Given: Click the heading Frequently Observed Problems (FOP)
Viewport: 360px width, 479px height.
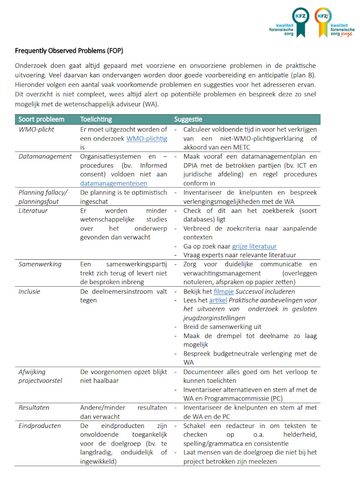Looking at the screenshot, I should pos(69,51).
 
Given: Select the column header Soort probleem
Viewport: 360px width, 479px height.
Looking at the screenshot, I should pos(41,119).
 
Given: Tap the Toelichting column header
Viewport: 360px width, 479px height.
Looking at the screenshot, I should pos(96,119).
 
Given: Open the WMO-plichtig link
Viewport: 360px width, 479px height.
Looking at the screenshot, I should pos(147,138).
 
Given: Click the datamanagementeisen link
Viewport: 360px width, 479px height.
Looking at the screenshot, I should pos(113,183).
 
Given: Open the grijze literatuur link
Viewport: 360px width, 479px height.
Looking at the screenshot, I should pos(254,246).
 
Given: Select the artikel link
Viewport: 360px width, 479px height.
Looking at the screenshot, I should pos(218,300).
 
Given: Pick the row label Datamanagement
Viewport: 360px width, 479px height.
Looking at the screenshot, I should pos(45,156).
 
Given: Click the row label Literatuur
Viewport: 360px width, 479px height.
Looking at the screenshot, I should pos(33,210).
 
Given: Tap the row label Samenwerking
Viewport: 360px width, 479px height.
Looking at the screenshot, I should pos(40,264).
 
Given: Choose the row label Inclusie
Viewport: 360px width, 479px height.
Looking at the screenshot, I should pos(29,291).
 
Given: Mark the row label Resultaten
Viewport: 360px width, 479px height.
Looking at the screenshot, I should pos(34,407).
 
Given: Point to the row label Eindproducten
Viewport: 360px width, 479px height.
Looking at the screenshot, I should pos(39,426).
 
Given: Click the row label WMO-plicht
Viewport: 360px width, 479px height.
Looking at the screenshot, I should pos(36,129).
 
